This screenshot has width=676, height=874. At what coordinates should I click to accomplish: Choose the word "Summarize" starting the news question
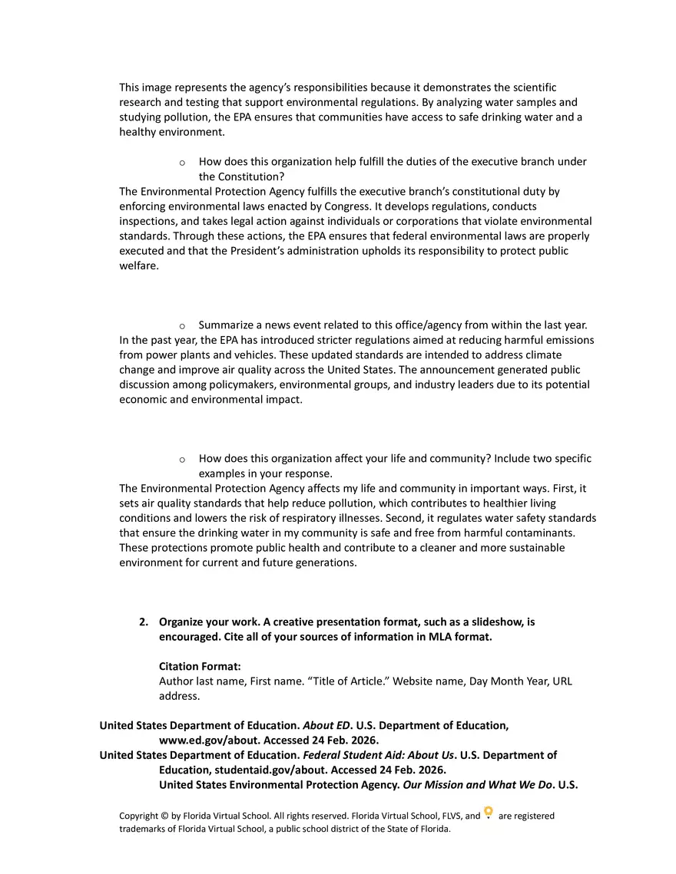tap(224, 325)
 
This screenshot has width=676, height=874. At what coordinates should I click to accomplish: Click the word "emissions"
tap(569, 340)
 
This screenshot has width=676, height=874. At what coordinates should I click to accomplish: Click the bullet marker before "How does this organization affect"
tap(182, 460)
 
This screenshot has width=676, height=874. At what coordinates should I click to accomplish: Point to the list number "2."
tap(144, 622)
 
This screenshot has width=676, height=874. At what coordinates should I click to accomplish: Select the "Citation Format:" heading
tap(200, 667)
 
